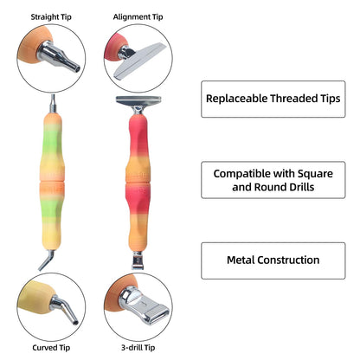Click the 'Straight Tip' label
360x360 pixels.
(x=51, y=17)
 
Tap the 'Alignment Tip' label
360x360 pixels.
(x=138, y=17)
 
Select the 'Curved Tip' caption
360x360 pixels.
(x=51, y=348)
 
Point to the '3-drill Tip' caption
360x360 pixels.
(x=138, y=348)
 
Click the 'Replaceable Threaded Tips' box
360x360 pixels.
(x=273, y=99)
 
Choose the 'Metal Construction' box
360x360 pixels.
(x=273, y=260)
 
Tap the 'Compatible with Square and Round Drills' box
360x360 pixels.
(x=273, y=180)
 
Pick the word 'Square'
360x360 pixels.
(x=315, y=174)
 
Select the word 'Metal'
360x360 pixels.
(x=241, y=260)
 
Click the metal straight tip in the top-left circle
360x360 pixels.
(x=59, y=56)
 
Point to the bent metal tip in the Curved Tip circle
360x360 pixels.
(x=65, y=309)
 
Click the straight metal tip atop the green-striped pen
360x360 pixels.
(x=53, y=104)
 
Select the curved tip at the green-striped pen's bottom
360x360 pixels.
(x=47, y=260)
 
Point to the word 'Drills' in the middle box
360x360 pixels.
(x=300, y=187)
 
